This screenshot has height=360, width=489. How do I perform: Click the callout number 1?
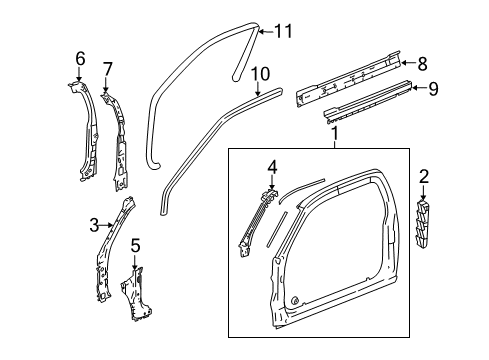pyautogui.click(x=335, y=132)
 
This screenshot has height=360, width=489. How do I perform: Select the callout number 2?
pyautogui.click(x=424, y=177)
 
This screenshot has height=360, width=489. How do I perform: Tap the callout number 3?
pyautogui.click(x=92, y=225)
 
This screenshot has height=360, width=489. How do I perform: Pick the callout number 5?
pyautogui.click(x=137, y=243)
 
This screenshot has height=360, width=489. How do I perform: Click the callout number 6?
pyautogui.click(x=80, y=59)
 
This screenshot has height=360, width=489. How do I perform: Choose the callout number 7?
pyautogui.click(x=108, y=68)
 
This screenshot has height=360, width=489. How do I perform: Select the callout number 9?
pyautogui.click(x=432, y=88)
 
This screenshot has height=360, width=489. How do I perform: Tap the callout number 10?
pyautogui.click(x=260, y=72)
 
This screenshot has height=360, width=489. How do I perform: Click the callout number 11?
pyautogui.click(x=284, y=32)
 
